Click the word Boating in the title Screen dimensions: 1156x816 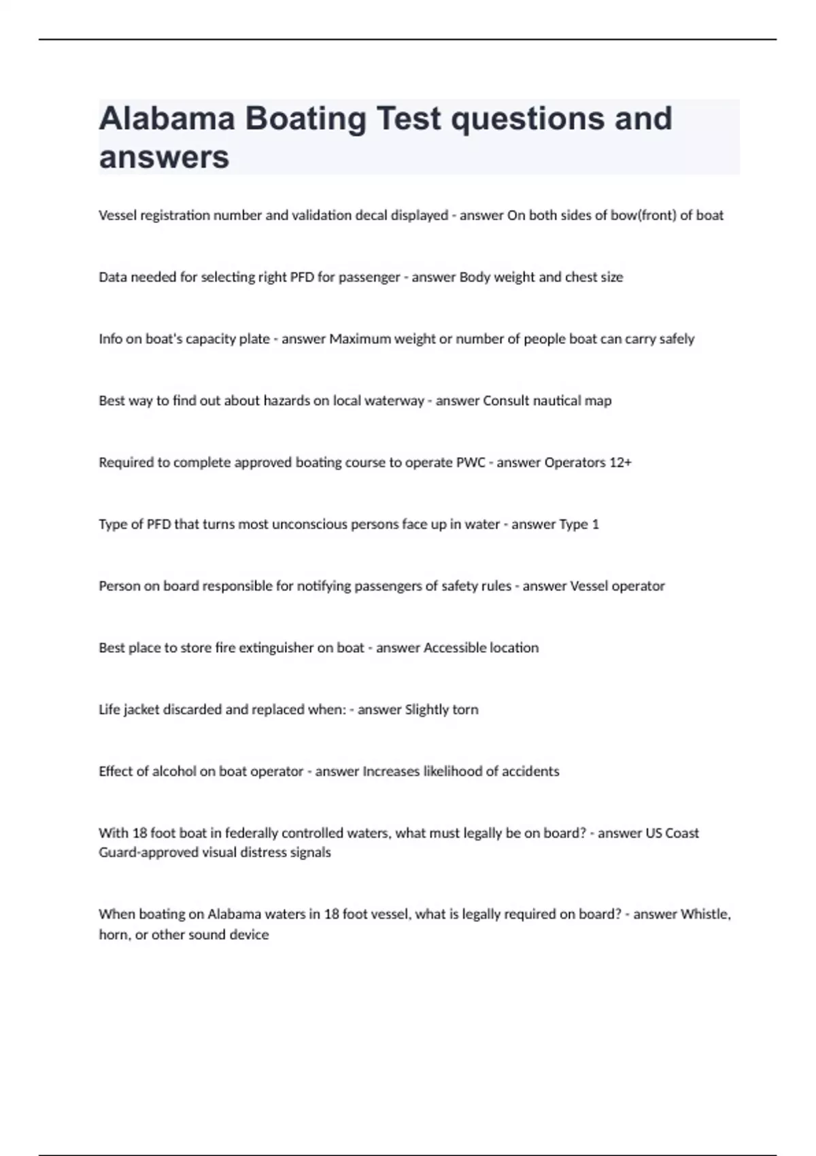coord(305,119)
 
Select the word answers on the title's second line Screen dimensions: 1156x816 coord(164,158)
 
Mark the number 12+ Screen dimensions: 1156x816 coord(620,463)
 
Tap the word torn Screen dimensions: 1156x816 coord(465,710)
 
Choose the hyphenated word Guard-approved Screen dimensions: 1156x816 coord(148,853)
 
